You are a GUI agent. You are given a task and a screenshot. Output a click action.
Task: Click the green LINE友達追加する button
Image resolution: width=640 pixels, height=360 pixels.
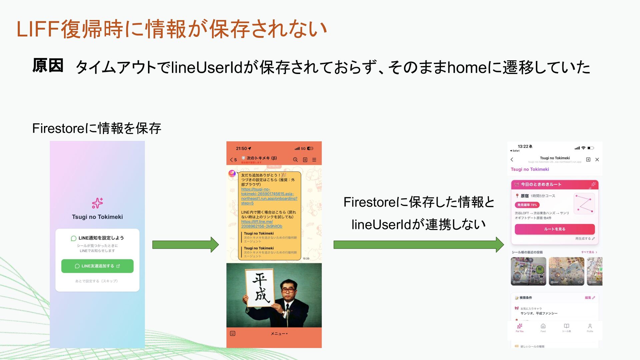[97, 266]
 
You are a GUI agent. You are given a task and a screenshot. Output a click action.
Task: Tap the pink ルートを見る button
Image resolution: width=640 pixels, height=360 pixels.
[554, 229]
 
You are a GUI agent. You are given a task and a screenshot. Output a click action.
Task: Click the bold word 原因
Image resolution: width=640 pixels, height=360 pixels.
[48, 65]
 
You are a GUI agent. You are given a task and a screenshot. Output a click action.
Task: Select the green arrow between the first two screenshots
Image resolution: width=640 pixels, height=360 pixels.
[185, 245]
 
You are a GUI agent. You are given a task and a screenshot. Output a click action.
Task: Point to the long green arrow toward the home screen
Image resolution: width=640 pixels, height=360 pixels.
[418, 245]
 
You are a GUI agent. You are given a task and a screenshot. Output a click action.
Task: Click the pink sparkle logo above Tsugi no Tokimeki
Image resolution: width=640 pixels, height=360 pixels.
[97, 203]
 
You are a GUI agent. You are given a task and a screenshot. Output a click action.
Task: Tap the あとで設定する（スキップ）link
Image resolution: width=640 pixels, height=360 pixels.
[96, 281]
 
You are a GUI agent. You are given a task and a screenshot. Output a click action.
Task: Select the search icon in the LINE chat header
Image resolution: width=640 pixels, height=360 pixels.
[295, 160]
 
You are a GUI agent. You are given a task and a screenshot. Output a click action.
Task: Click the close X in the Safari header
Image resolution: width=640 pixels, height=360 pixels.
[597, 160]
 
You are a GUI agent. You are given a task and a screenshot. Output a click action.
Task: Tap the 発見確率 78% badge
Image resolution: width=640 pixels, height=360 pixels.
[527, 205]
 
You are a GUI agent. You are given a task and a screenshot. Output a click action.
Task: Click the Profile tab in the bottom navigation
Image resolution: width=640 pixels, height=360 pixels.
[590, 328]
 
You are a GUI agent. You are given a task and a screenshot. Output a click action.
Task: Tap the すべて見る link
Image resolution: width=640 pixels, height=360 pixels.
[589, 252]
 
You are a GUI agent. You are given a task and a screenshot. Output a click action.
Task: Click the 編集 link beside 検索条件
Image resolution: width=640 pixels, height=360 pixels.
[589, 298]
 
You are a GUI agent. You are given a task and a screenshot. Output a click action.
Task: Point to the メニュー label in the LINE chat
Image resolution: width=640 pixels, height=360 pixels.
[279, 334]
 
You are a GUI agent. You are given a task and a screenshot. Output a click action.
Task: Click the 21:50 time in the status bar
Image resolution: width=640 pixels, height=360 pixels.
[241, 149]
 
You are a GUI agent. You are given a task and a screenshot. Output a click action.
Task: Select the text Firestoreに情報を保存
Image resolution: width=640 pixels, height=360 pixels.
[97, 128]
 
